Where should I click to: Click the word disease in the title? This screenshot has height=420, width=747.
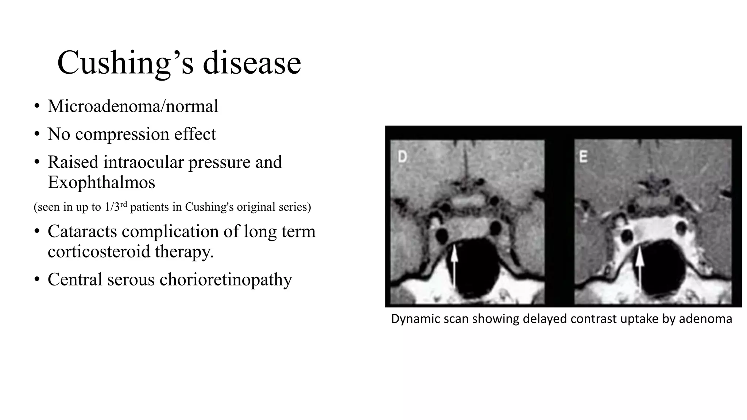pos(252,63)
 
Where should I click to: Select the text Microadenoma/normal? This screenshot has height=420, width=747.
pos(133,106)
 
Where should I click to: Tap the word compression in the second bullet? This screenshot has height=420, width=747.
pos(122,134)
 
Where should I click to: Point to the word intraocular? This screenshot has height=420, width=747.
pos(143,162)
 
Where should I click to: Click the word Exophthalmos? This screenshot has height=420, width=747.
pos(101,182)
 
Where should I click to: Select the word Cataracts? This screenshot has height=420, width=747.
pos(82,231)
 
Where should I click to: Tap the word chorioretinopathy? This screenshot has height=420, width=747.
pos(225,279)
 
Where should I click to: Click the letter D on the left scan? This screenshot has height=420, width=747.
pos(402,157)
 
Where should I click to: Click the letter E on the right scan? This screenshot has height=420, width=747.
pos(583,157)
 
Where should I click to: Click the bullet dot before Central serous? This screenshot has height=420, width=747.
pos(36,280)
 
